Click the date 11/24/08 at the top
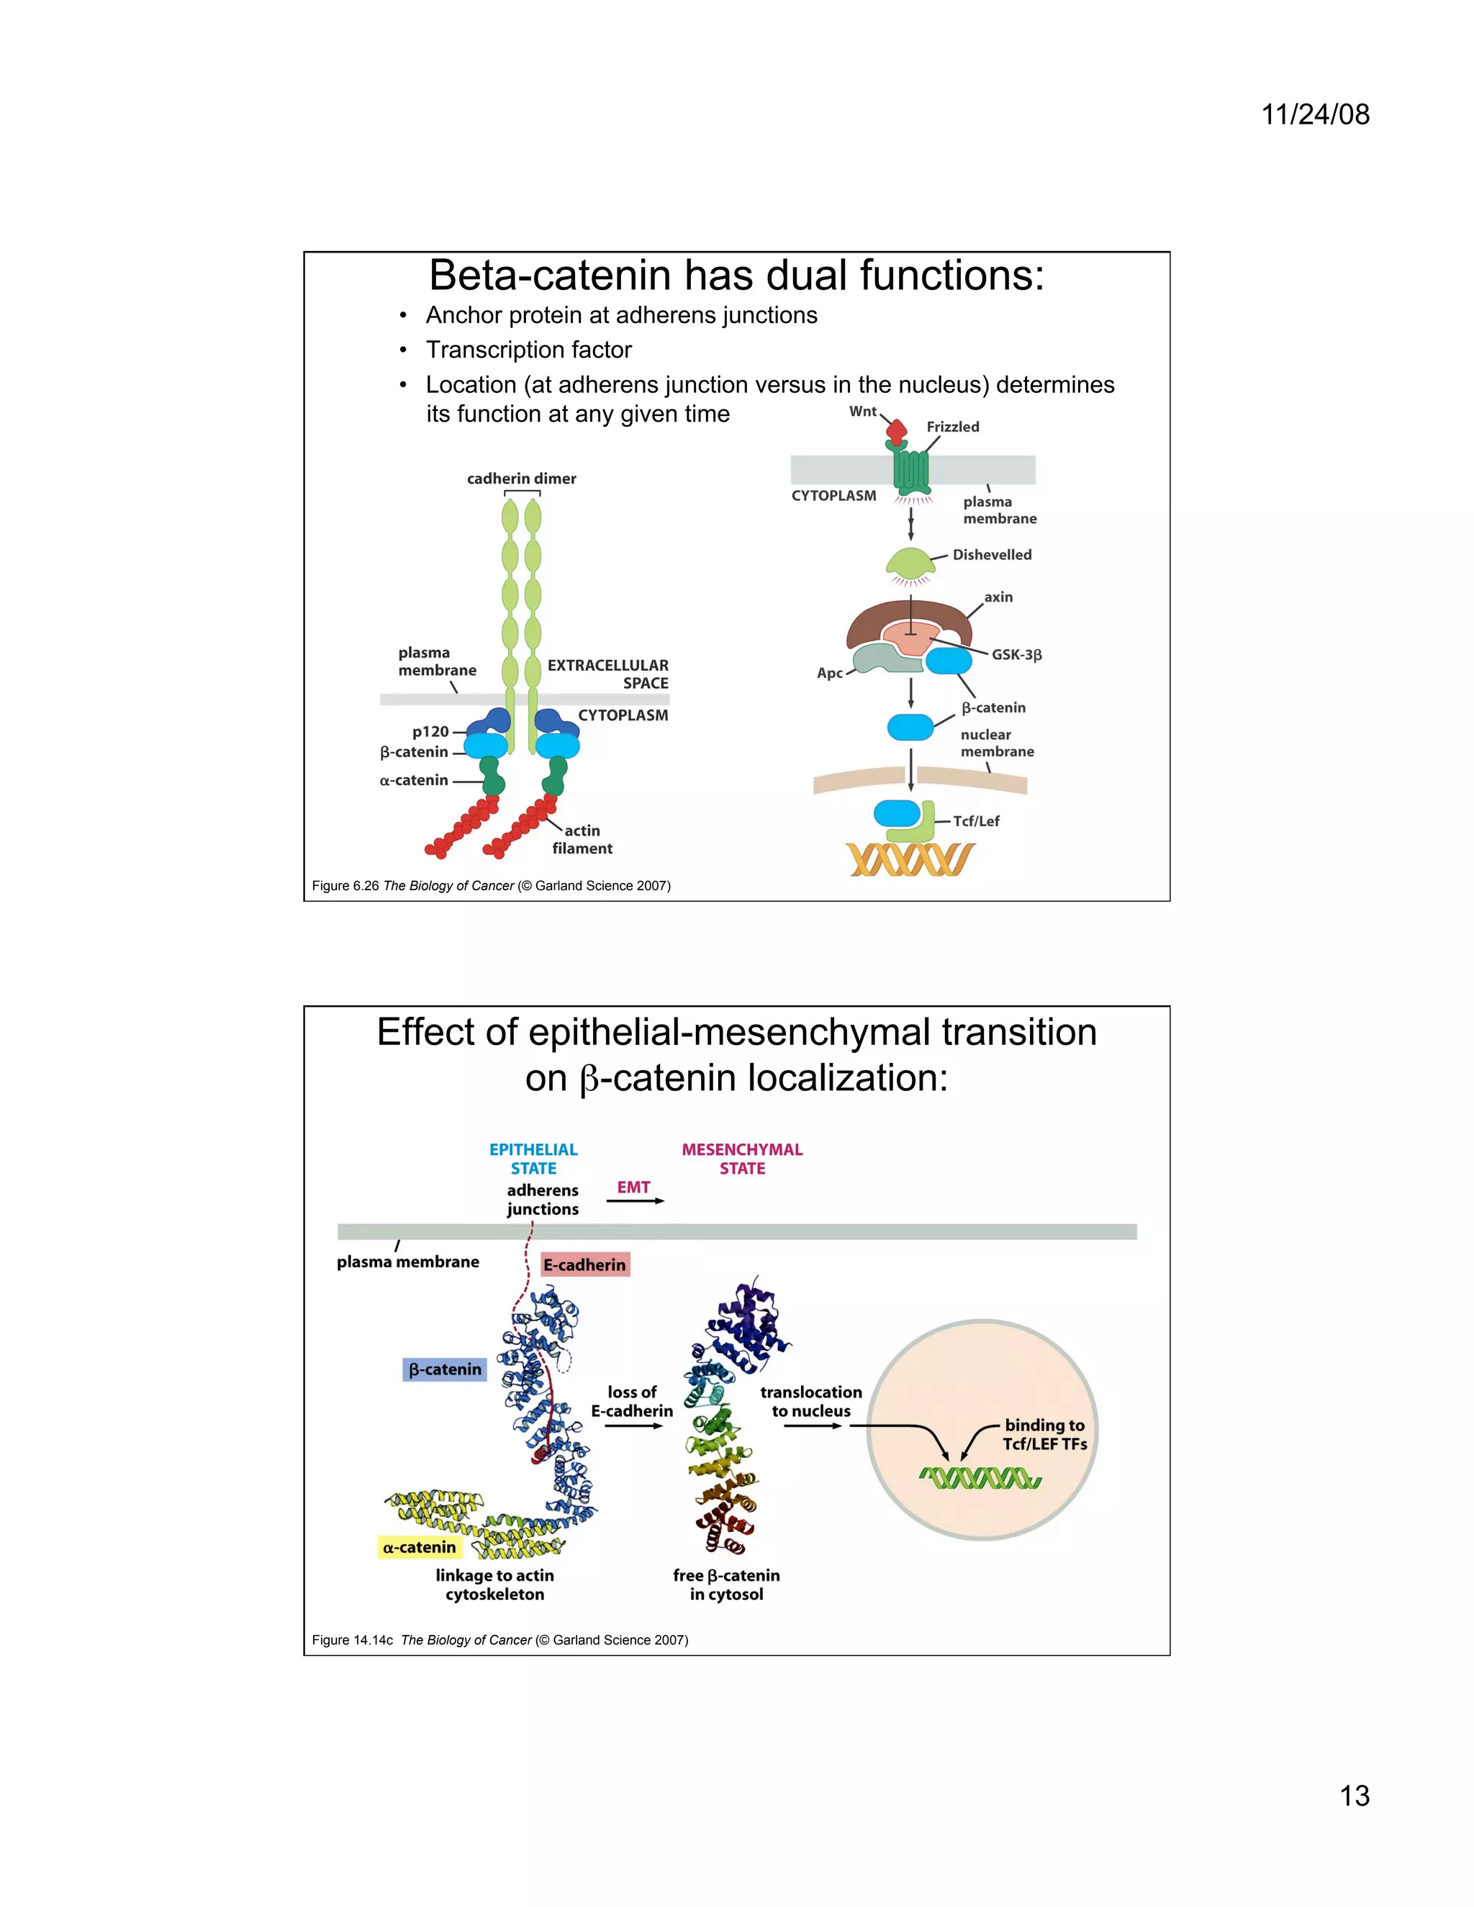point(1315,114)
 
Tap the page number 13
point(1355,1795)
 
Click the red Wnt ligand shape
point(897,430)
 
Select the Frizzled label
point(953,427)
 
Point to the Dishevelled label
point(992,554)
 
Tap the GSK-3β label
point(1016,655)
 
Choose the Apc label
point(830,674)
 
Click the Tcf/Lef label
point(976,822)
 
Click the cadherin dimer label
point(521,479)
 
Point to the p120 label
point(430,732)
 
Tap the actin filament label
point(582,839)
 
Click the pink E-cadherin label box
point(585,1264)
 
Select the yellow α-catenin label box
point(419,1548)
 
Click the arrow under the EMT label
point(635,1202)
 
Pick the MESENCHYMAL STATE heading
point(742,1159)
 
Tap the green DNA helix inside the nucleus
point(980,1478)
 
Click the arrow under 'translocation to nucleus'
point(812,1426)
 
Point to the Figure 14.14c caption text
point(499,1640)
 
